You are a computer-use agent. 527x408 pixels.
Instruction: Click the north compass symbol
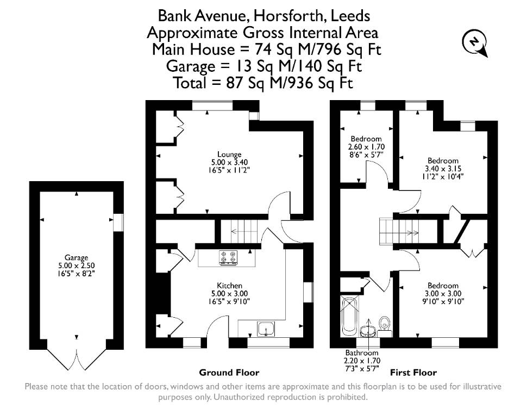tap(474, 43)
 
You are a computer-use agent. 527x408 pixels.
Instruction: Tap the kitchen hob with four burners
tap(228, 257)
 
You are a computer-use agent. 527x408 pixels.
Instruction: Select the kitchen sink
tap(266, 329)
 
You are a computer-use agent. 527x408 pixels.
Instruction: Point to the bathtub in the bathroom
tap(350, 316)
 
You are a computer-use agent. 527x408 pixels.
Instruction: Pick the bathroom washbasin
tap(368, 331)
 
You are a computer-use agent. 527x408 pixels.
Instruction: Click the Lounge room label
tap(230, 154)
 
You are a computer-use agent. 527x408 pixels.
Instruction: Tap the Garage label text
tap(76, 258)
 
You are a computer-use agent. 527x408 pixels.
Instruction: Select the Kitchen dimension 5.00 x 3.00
tap(230, 294)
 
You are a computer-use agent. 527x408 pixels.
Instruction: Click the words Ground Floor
tap(229, 373)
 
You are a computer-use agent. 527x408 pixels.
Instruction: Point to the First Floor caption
tap(413, 373)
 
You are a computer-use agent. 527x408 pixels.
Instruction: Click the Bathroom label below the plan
tap(362, 353)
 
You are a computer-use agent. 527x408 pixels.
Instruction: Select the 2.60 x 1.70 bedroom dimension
tap(366, 147)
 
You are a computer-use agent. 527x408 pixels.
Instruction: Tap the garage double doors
tap(77, 360)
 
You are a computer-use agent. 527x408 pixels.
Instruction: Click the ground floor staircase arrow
tap(243, 231)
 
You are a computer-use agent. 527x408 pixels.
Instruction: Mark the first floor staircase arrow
tap(406, 233)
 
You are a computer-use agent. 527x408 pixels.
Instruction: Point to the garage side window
tap(118, 222)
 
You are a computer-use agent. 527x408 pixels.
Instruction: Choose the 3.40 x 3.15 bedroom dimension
tap(443, 169)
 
